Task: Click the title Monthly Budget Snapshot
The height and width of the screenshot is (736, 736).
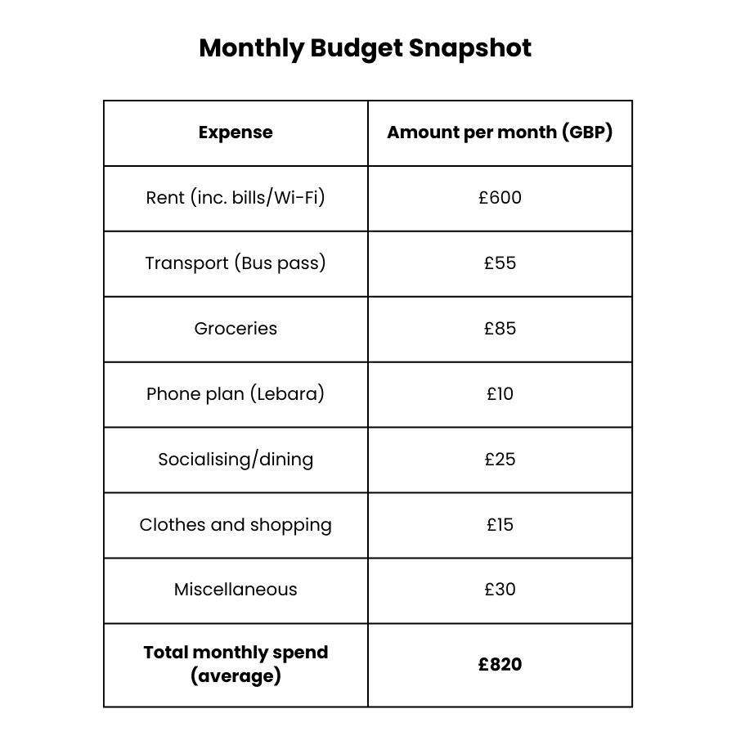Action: coord(365,48)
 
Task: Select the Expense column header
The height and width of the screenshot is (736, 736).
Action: coord(236,132)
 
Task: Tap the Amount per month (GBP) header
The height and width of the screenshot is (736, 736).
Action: coord(500,132)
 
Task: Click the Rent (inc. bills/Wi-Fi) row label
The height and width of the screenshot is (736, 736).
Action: coord(236,198)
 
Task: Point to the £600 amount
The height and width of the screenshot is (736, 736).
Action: coord(500,198)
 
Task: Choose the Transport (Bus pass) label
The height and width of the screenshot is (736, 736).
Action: coord(236,263)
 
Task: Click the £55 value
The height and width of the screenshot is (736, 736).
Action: coord(500,263)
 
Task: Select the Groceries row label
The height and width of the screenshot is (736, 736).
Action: coord(236,329)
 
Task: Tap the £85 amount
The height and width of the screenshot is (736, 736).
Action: coord(500,329)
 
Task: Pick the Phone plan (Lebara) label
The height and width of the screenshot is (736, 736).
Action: coord(236,394)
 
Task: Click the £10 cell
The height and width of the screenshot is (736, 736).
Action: coord(500,394)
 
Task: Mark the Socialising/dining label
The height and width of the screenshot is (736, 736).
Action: coord(236,460)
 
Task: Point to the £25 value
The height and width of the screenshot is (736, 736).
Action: coord(500,460)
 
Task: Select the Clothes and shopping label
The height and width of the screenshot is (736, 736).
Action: coord(236,525)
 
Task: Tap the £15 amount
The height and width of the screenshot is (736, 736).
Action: coord(500,525)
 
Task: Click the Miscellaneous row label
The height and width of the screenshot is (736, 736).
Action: coord(236,590)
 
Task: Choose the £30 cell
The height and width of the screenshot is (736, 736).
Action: coord(500,590)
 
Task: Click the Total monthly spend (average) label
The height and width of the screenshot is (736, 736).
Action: coord(236,664)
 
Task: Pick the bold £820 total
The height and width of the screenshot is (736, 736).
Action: coord(500,665)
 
